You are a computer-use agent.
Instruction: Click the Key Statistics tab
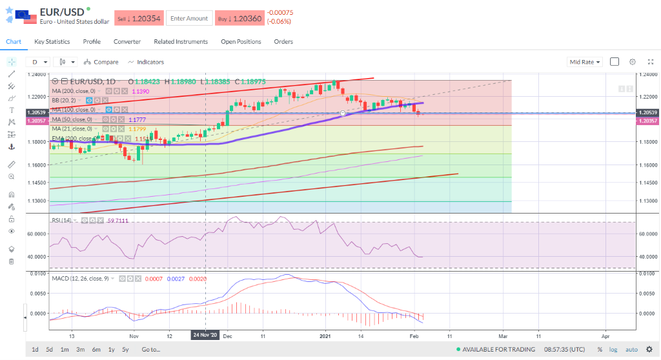[x=52, y=42]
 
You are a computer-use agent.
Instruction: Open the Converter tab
[x=127, y=42]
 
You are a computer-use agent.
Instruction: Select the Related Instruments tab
[x=181, y=42]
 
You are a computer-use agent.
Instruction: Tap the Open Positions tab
[x=241, y=42]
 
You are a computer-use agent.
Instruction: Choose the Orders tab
[x=283, y=42]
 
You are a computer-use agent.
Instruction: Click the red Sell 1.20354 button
[x=139, y=19]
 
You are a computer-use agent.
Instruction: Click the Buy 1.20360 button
[x=239, y=19]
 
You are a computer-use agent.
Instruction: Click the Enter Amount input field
[x=188, y=19]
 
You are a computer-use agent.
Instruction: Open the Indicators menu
[x=146, y=62]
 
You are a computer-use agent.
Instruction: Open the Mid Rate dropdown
[x=585, y=62]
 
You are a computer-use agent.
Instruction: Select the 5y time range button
[x=126, y=350]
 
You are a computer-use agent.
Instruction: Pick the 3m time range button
[x=81, y=350]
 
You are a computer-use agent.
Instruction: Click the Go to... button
[x=150, y=350]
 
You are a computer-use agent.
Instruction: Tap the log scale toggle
[x=613, y=350]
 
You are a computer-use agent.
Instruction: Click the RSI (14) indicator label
[x=61, y=221]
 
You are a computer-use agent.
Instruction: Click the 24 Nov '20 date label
[x=205, y=335]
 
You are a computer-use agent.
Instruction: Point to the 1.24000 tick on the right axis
[x=647, y=74]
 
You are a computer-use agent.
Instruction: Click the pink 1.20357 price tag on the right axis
[x=647, y=121]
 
